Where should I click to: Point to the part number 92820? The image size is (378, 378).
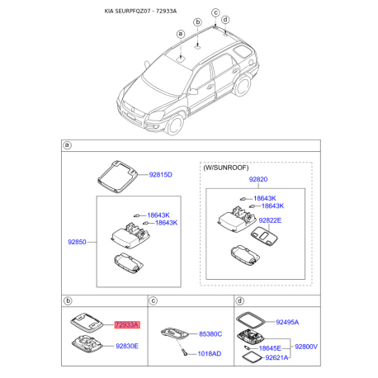coord(260,179)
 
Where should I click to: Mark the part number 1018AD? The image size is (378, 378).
coord(210,352)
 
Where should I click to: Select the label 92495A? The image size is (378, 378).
coord(286,323)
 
